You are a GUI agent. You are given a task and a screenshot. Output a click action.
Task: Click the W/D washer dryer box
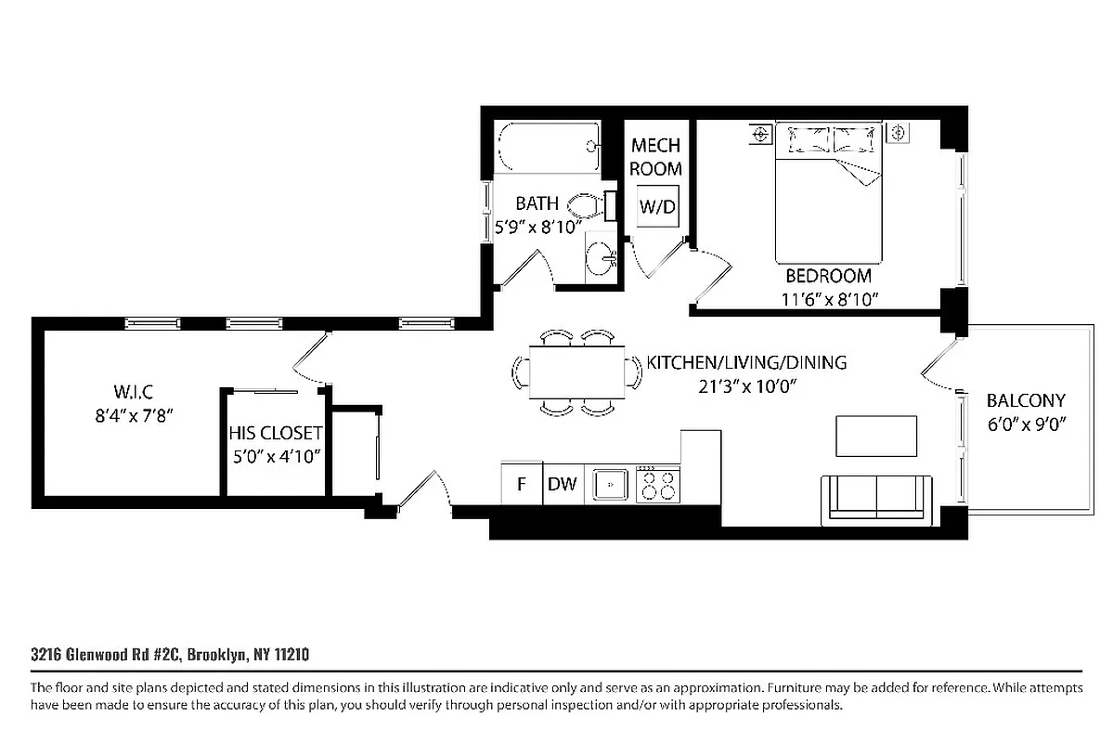(x=657, y=207)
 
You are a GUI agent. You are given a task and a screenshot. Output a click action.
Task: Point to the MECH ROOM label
(x=656, y=157)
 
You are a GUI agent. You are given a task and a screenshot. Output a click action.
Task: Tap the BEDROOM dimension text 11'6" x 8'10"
(x=829, y=298)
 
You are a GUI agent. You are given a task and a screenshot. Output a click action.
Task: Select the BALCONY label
(x=1026, y=401)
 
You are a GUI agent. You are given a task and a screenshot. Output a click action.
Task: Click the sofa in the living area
(x=877, y=500)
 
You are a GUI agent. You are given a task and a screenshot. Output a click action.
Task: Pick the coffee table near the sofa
(x=876, y=436)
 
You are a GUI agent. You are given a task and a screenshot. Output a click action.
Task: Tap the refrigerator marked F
(x=521, y=483)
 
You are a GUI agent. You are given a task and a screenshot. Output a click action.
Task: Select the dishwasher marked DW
(x=563, y=483)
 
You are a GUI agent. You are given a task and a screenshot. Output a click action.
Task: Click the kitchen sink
(x=610, y=484)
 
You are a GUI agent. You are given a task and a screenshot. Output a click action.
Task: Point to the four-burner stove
(x=658, y=484)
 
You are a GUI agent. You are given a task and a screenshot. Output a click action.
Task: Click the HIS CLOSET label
(x=276, y=434)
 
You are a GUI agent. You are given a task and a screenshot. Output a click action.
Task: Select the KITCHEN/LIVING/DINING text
(x=746, y=362)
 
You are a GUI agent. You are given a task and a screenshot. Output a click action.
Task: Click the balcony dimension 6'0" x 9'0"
(x=1026, y=424)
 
